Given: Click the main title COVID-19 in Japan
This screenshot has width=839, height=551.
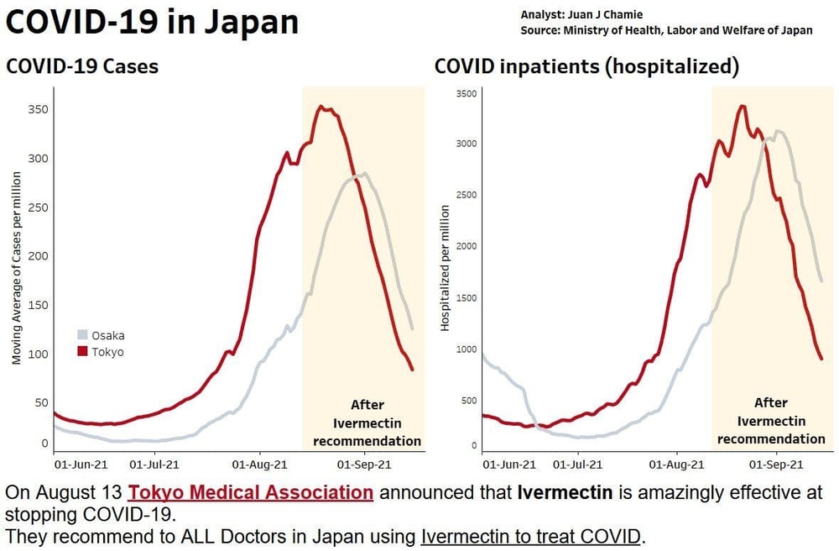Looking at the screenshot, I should (x=152, y=22).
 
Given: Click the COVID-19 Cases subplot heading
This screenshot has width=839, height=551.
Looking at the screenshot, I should (x=82, y=66).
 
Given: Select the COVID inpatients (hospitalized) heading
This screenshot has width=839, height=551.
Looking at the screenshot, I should (x=586, y=66).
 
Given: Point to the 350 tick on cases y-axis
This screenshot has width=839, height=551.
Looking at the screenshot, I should (x=37, y=110).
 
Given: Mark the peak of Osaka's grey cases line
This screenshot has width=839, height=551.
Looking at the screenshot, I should (x=363, y=174).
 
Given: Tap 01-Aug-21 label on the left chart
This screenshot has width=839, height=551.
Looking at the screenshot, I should (x=258, y=463).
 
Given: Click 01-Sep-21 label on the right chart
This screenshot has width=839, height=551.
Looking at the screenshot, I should (x=772, y=463).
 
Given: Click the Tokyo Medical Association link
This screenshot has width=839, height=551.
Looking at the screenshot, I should (x=250, y=492).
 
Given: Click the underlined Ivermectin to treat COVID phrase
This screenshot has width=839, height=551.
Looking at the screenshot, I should (x=531, y=535).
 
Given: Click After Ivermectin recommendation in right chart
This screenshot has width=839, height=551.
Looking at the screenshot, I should (x=770, y=421).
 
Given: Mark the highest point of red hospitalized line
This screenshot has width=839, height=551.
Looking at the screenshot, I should (x=742, y=106).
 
